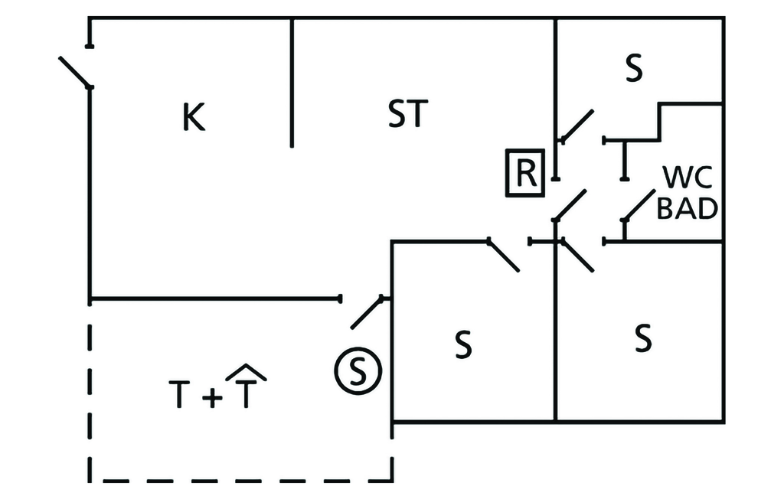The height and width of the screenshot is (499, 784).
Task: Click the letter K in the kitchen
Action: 194,118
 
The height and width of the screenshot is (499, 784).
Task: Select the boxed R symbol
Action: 524,174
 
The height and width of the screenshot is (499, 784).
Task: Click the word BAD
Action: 688,209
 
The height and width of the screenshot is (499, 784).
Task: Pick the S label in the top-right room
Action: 633,70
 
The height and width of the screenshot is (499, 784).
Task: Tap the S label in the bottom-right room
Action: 643,338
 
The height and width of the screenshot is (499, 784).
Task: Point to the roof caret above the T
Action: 245,371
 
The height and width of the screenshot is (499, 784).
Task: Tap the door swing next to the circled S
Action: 367,312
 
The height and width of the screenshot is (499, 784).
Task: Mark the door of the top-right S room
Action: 577,126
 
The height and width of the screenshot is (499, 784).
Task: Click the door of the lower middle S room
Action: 504,256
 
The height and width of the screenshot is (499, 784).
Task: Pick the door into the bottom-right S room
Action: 577,256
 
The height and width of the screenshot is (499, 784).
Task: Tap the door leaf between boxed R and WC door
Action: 570,205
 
